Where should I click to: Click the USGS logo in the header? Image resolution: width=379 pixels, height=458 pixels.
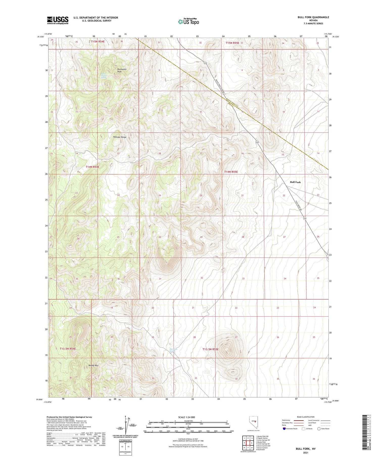coord(58,20)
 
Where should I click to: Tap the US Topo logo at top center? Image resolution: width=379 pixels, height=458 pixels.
coord(188,22)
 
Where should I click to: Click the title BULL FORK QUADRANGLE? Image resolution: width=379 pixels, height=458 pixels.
coord(313,17)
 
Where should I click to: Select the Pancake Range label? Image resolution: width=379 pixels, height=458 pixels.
coord(120,137)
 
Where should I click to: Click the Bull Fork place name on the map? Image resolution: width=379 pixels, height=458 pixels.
coord(295,182)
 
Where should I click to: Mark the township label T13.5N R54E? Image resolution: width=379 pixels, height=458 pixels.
coord(68,349)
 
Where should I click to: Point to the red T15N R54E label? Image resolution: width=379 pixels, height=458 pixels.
coord(99,41)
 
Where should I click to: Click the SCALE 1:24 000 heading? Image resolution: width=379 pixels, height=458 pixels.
coord(186,417)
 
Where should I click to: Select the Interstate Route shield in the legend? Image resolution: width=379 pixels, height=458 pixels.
coord(284,428)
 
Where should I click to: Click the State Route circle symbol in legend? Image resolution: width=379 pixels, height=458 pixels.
coord(319,428)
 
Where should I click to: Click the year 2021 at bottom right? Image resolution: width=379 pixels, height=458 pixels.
coord(305,453)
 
